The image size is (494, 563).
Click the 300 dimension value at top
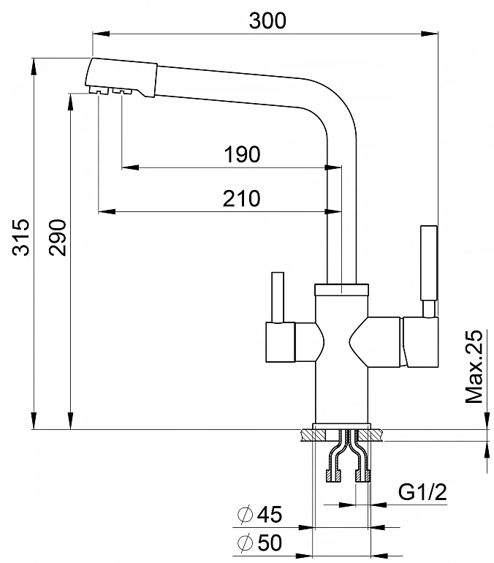(x=267, y=21)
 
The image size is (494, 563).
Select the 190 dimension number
(x=242, y=155)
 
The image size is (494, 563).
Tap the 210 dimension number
(x=242, y=198)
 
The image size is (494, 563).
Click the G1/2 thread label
(x=423, y=492)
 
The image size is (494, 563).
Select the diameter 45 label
(x=260, y=515)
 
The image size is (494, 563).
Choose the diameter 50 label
(x=260, y=543)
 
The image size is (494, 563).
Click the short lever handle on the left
(x=277, y=296)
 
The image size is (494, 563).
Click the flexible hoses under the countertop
(x=347, y=458)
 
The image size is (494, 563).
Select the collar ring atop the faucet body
(x=342, y=289)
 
